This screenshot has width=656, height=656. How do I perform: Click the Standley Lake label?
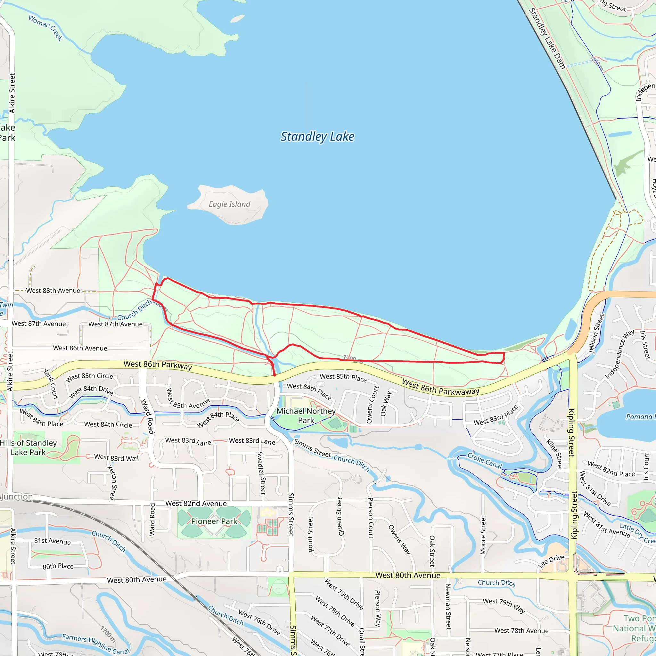click(317, 136)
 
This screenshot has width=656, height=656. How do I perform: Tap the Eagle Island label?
click(229, 204)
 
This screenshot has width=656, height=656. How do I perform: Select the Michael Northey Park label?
click(306, 415)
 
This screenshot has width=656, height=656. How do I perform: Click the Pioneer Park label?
click(214, 521)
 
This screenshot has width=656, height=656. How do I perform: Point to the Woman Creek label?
click(45, 28)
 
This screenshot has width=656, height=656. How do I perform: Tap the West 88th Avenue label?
click(53, 291)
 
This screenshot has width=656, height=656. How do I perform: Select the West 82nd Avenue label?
click(196, 504)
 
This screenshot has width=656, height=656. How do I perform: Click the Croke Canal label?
click(485, 460)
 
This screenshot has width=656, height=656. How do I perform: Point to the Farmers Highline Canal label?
click(95, 644)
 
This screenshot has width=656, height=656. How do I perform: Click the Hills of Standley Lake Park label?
click(28, 447)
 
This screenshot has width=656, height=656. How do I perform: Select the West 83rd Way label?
click(117, 458)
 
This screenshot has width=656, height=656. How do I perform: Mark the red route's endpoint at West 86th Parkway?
click(275, 375)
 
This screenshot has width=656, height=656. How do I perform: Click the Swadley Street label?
click(260, 473)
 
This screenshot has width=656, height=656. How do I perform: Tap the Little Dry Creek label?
click(637, 534)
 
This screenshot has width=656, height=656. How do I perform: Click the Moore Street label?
click(483, 535)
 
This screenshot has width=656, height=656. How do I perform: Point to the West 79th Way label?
click(504, 605)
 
